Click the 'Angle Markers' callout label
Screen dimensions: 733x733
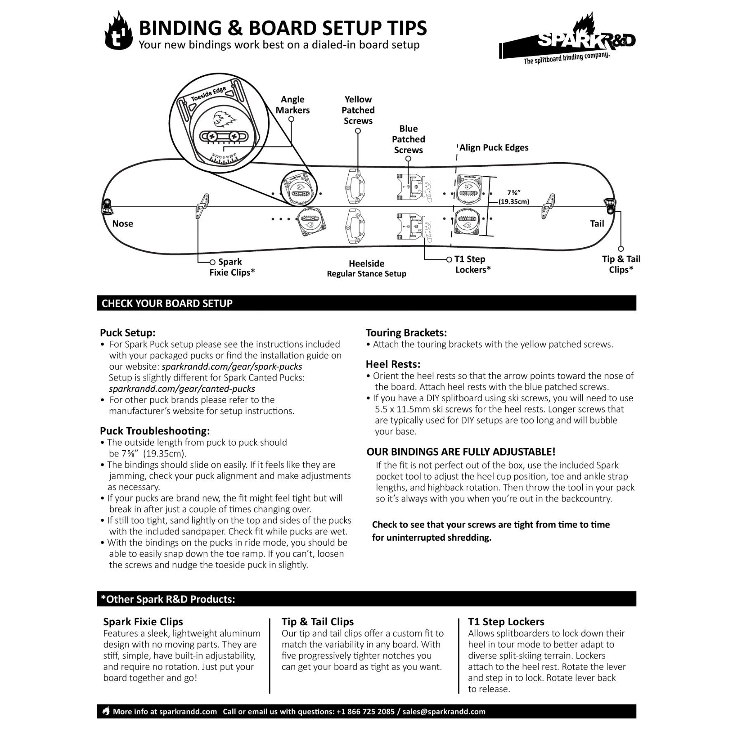293,104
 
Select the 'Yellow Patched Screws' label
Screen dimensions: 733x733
358,110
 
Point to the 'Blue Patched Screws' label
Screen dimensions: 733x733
408,139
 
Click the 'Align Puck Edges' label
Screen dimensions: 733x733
494,147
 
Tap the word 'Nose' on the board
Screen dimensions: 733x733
123,224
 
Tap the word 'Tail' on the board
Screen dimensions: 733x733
597,224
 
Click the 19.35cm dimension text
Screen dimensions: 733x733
514,202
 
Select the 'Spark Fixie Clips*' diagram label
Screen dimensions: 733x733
232,267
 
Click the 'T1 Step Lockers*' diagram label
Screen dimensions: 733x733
473,264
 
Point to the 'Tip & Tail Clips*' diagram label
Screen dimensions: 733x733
621,264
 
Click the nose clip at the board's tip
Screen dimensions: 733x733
106,206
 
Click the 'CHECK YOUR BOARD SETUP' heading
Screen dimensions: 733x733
167,303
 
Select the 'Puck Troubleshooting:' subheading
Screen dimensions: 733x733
155,431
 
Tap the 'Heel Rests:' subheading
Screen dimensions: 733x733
393,364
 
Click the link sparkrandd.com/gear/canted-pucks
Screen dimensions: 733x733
182,389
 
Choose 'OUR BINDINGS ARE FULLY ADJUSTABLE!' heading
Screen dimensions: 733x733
461,452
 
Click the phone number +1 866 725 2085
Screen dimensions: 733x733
366,712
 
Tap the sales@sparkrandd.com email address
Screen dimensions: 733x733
444,712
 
